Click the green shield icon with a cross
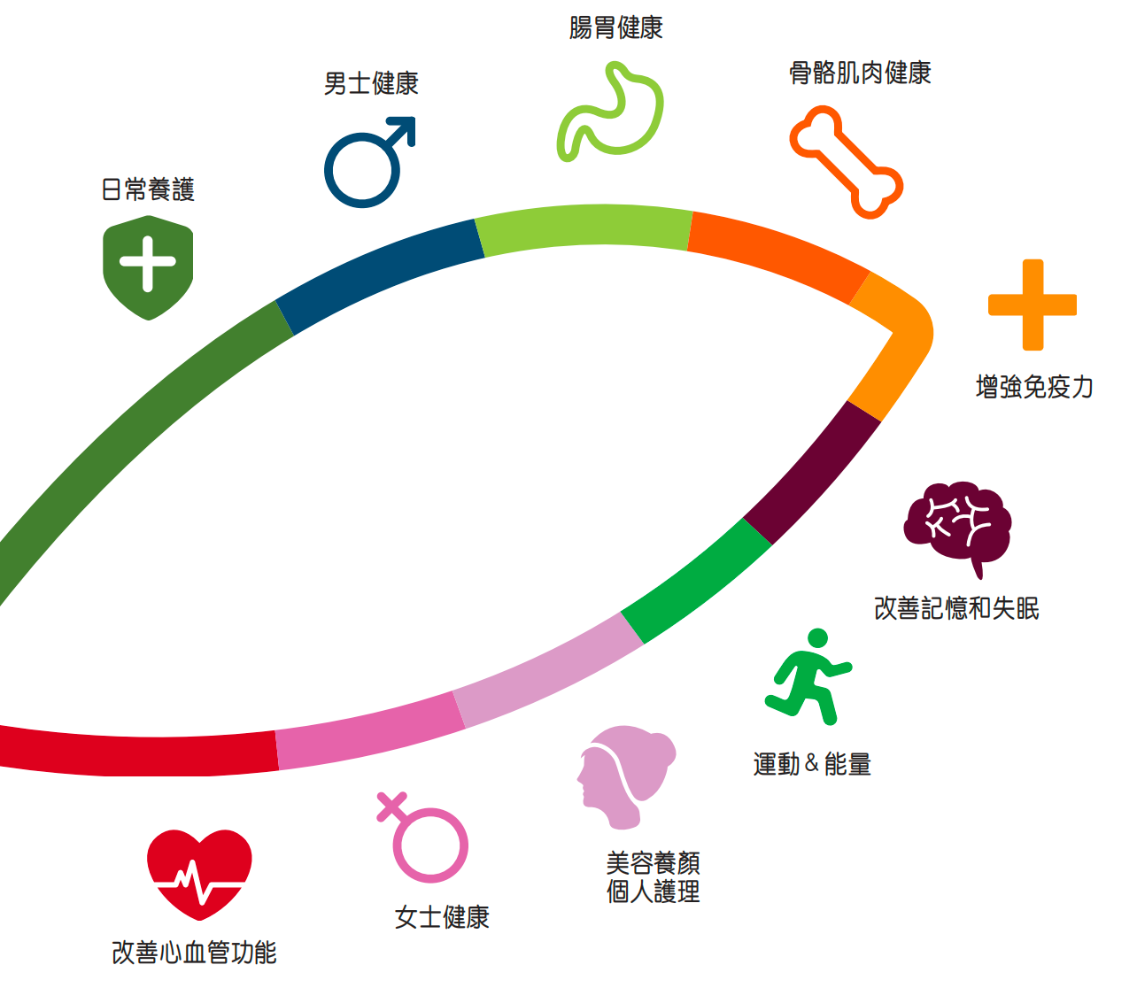point(148,266)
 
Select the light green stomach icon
point(611,113)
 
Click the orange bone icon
point(846,162)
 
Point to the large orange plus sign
point(1033,305)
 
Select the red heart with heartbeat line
point(199,873)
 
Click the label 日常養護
point(148,189)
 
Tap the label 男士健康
point(371,84)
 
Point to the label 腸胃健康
point(616,28)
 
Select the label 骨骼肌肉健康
point(860,73)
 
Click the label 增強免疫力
point(1034,387)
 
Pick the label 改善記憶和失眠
point(956,609)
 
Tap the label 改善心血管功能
point(194,953)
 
